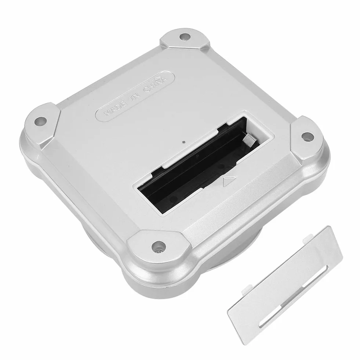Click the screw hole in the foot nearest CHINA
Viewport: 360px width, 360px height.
(185, 36)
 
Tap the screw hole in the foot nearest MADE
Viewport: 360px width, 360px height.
(41, 121)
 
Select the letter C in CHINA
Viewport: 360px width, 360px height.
(146, 90)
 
